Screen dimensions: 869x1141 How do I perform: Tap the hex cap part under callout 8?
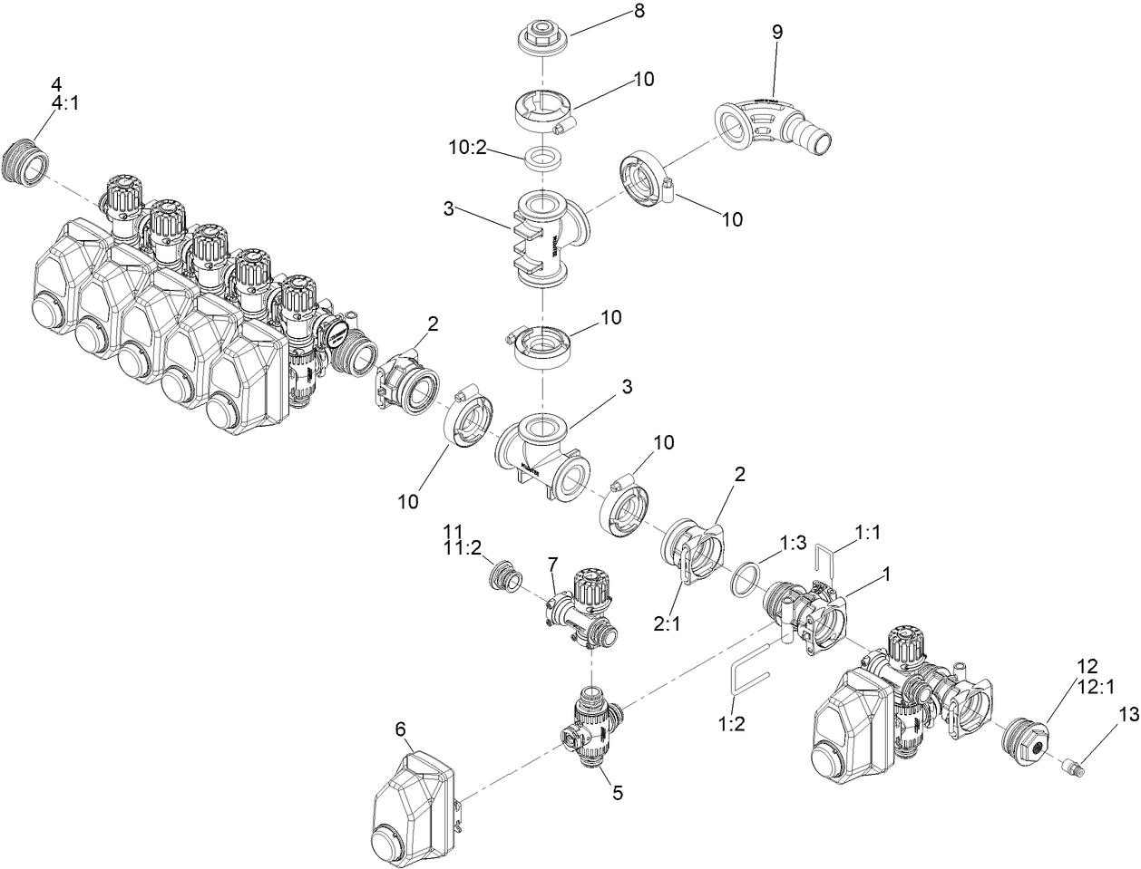541,37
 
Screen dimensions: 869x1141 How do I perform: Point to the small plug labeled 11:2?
502,576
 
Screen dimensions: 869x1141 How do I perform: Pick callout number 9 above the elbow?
776,31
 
